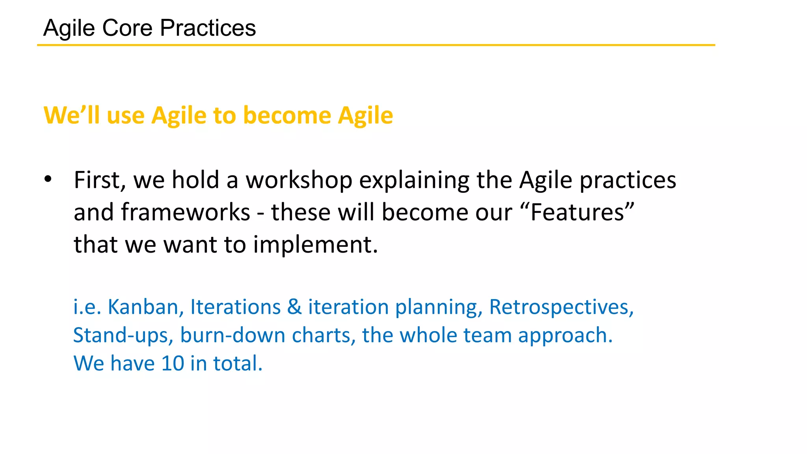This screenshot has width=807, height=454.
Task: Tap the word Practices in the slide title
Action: pyautogui.click(x=208, y=28)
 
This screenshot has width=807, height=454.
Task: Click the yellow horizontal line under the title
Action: pyautogui.click(x=376, y=45)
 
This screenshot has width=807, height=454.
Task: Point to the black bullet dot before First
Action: pyautogui.click(x=48, y=179)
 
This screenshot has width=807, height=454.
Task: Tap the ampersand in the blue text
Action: pyautogui.click(x=294, y=307)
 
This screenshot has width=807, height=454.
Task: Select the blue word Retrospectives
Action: pyautogui.click(x=561, y=307)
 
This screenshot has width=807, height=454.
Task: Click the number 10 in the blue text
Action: pyautogui.click(x=173, y=363)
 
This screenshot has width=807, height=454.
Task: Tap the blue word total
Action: pyautogui.click(x=238, y=363)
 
